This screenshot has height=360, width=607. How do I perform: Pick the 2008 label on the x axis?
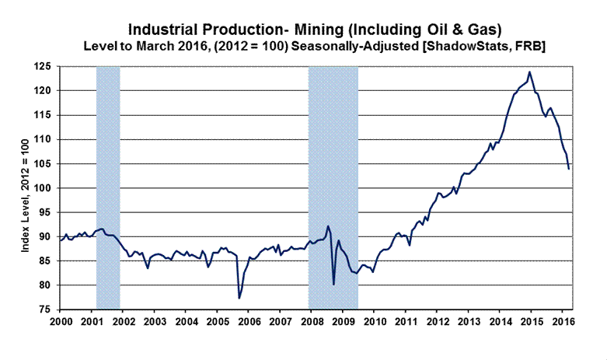point(311,321)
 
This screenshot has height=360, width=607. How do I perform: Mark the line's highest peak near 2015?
point(529,72)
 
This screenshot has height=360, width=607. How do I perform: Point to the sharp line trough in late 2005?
point(239,298)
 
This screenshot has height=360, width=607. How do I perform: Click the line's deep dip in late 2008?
point(333,284)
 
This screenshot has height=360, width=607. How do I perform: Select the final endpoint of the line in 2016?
point(569,168)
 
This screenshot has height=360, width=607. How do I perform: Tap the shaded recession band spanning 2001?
point(107,187)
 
